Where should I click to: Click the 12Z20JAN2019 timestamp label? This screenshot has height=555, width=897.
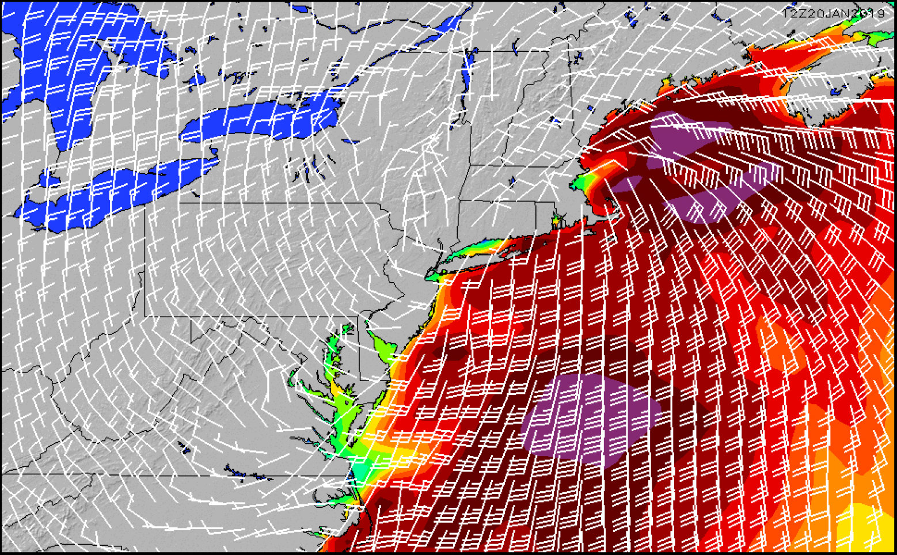[x=834, y=12]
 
